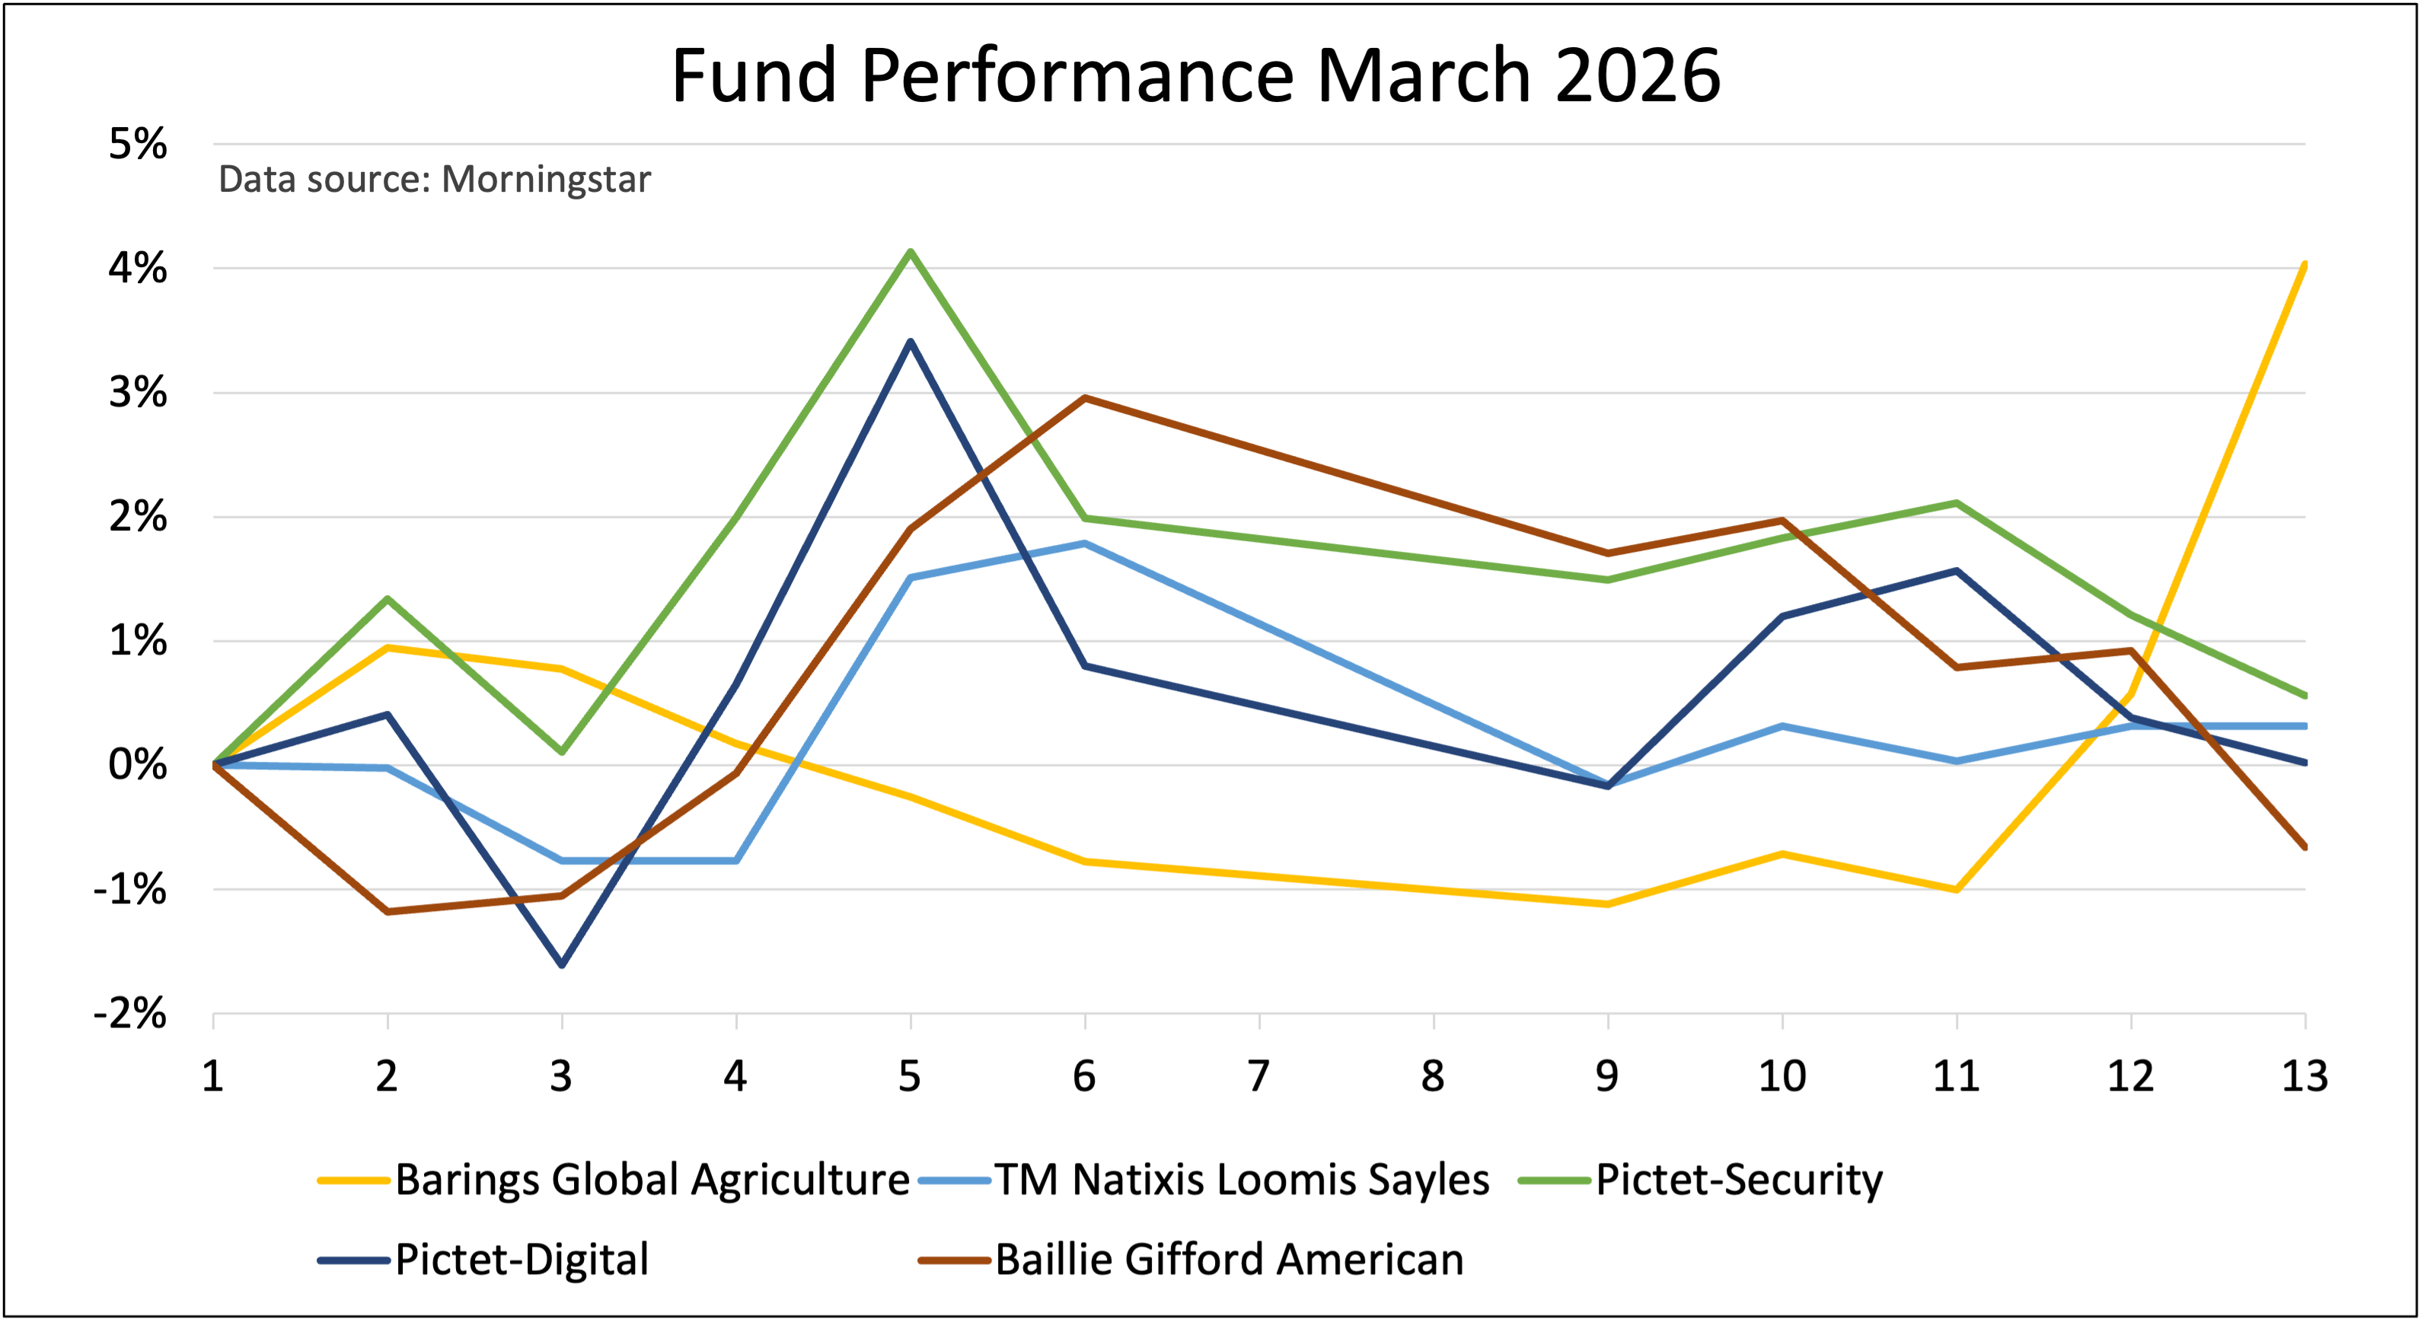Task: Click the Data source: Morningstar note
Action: (x=433, y=179)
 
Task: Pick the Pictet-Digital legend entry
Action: (x=521, y=1259)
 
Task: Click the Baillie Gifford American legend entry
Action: (x=1228, y=1259)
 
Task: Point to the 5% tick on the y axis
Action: (x=138, y=144)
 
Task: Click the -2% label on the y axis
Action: (x=131, y=1014)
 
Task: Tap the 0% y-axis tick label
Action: (x=138, y=765)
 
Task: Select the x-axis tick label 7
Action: (x=1258, y=1076)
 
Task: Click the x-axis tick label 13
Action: (x=2305, y=1076)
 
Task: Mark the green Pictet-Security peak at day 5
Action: (x=911, y=251)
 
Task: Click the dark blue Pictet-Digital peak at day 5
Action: (x=911, y=342)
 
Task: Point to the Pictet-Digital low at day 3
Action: (x=562, y=965)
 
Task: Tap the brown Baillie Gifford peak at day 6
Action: (x=1085, y=397)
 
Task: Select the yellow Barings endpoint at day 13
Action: (x=2304, y=265)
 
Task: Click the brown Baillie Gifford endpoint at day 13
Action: (x=2304, y=846)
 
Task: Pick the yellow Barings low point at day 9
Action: (x=1608, y=904)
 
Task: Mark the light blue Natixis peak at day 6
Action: (x=1085, y=543)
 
